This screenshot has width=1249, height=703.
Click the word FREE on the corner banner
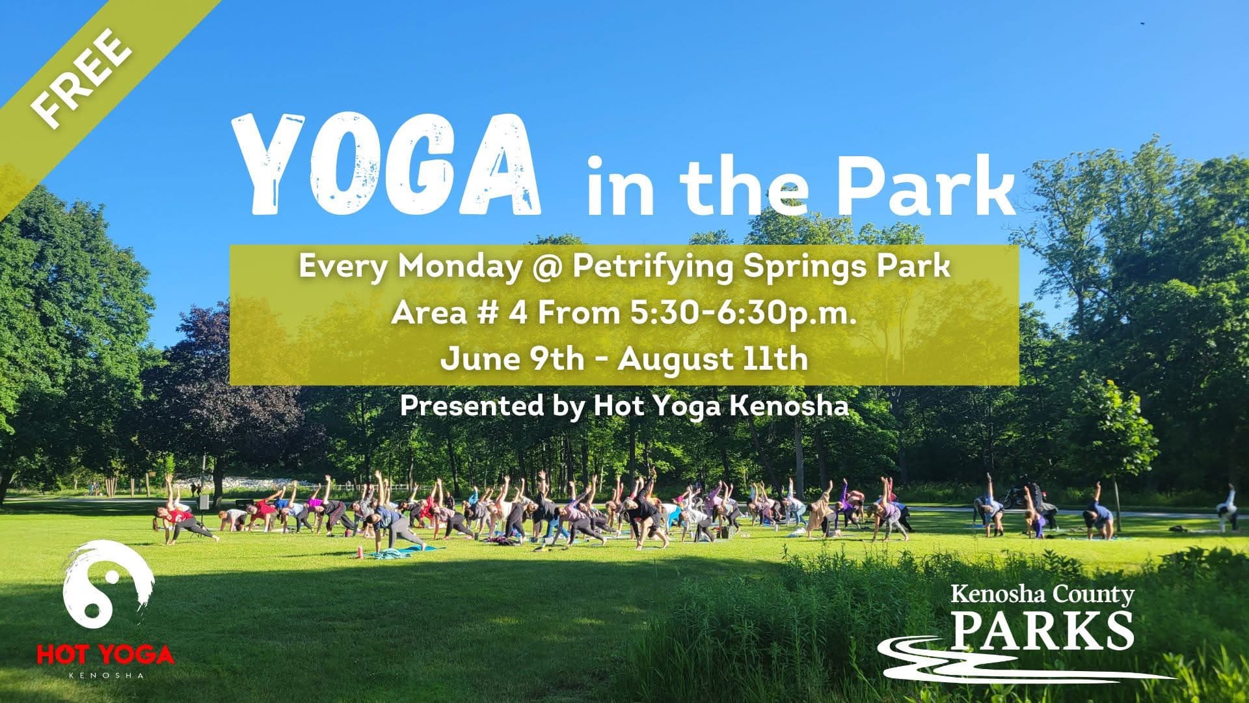(81, 77)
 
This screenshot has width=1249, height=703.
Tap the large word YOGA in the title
(388, 164)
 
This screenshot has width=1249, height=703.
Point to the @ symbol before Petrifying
(546, 268)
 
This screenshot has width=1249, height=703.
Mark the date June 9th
(512, 359)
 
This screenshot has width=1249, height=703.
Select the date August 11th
(713, 359)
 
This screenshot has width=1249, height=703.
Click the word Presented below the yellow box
(472, 406)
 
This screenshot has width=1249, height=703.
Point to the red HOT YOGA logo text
(105, 654)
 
